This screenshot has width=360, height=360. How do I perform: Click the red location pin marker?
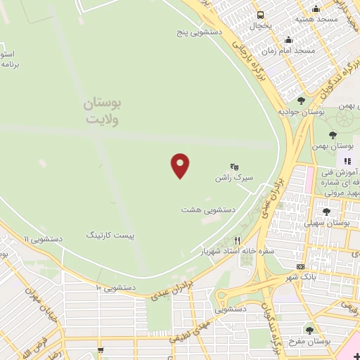(181, 165)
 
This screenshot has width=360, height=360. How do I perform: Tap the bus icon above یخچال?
(261, 15)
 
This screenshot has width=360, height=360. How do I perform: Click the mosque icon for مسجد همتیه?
(316, 9)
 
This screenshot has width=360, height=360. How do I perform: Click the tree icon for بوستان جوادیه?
(302, 101)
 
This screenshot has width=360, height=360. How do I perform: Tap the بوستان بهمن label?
(334, 146)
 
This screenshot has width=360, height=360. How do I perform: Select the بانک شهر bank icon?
(301, 266)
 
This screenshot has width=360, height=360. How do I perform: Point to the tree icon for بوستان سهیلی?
(326, 211)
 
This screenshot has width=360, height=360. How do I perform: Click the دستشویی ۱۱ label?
(43, 239)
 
